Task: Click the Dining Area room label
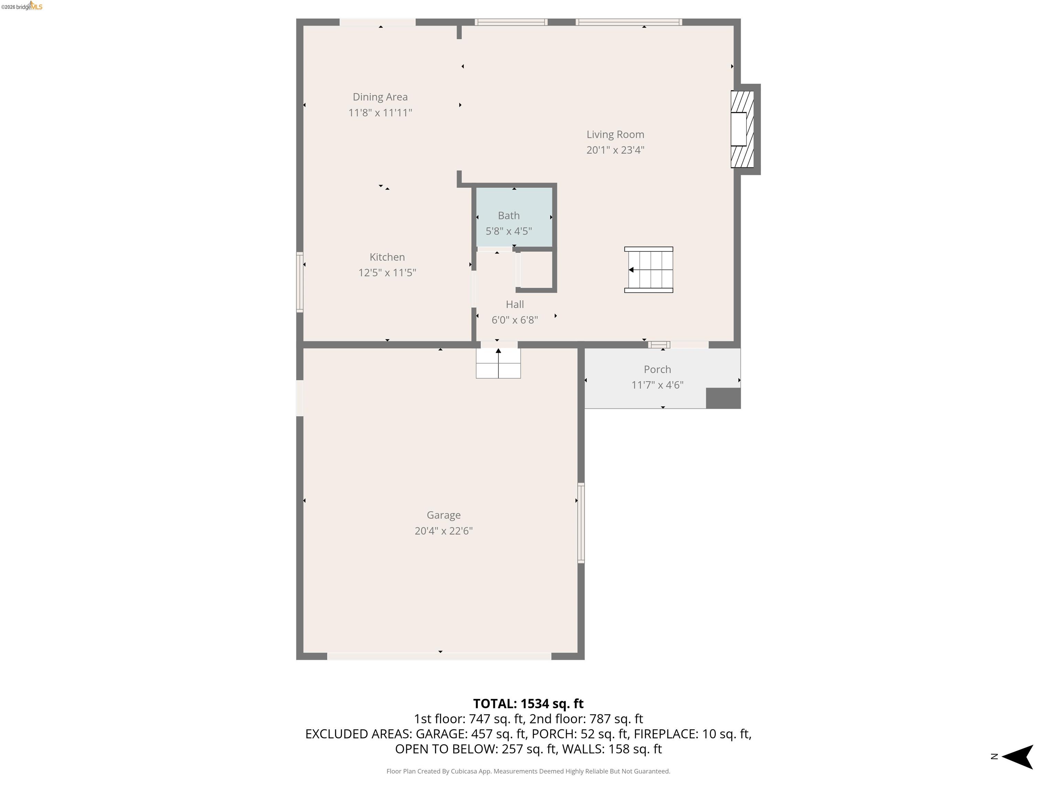pyautogui.click(x=380, y=97)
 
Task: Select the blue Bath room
pyautogui.click(x=514, y=218)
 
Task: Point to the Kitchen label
pyautogui.click(x=387, y=257)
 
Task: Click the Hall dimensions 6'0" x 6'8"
pyautogui.click(x=515, y=320)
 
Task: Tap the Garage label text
pyautogui.click(x=444, y=515)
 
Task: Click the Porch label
pyautogui.click(x=657, y=370)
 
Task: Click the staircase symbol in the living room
pyautogui.click(x=649, y=270)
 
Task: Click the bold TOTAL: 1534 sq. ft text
pyautogui.click(x=528, y=704)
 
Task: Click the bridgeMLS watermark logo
pyautogui.click(x=22, y=7)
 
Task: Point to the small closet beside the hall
pyautogui.click(x=536, y=270)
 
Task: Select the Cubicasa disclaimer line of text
pyautogui.click(x=528, y=771)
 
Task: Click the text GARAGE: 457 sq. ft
pyautogui.click(x=471, y=734)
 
